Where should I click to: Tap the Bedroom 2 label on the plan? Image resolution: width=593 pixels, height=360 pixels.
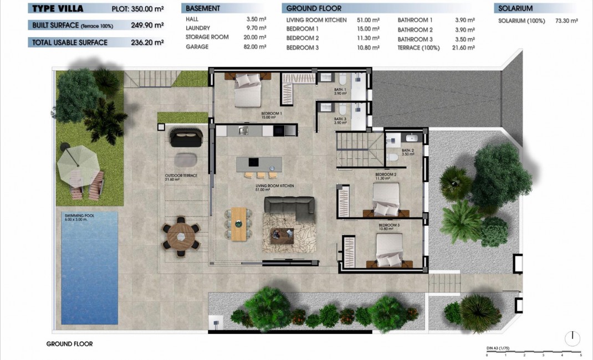[386, 176]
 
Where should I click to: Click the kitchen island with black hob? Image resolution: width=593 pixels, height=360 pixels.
[259, 163]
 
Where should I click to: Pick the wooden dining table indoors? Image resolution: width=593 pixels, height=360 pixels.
[239, 224]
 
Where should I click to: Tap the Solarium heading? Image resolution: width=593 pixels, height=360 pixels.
[515, 8]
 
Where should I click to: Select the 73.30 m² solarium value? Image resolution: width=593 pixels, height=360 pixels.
[566, 20]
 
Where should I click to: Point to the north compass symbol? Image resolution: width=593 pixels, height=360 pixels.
[573, 338]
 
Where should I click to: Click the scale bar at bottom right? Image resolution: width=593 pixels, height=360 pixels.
[533, 352]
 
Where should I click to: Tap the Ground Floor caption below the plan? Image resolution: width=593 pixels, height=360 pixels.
[69, 344]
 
